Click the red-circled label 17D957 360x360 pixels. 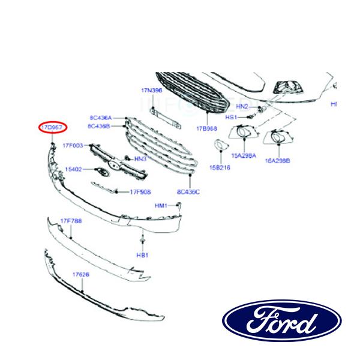click(x=53, y=128)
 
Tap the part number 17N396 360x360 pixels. click(x=152, y=90)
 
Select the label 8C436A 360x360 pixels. click(x=100, y=118)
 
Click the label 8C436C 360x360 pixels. click(x=188, y=192)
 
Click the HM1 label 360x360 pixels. click(x=161, y=205)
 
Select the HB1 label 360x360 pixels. click(x=142, y=254)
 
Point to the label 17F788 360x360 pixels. click(x=70, y=221)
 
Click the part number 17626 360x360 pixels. click(x=81, y=274)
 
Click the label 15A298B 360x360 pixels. click(x=278, y=161)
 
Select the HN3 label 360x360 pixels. click(x=140, y=159)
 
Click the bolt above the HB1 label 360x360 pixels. click(x=142, y=241)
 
